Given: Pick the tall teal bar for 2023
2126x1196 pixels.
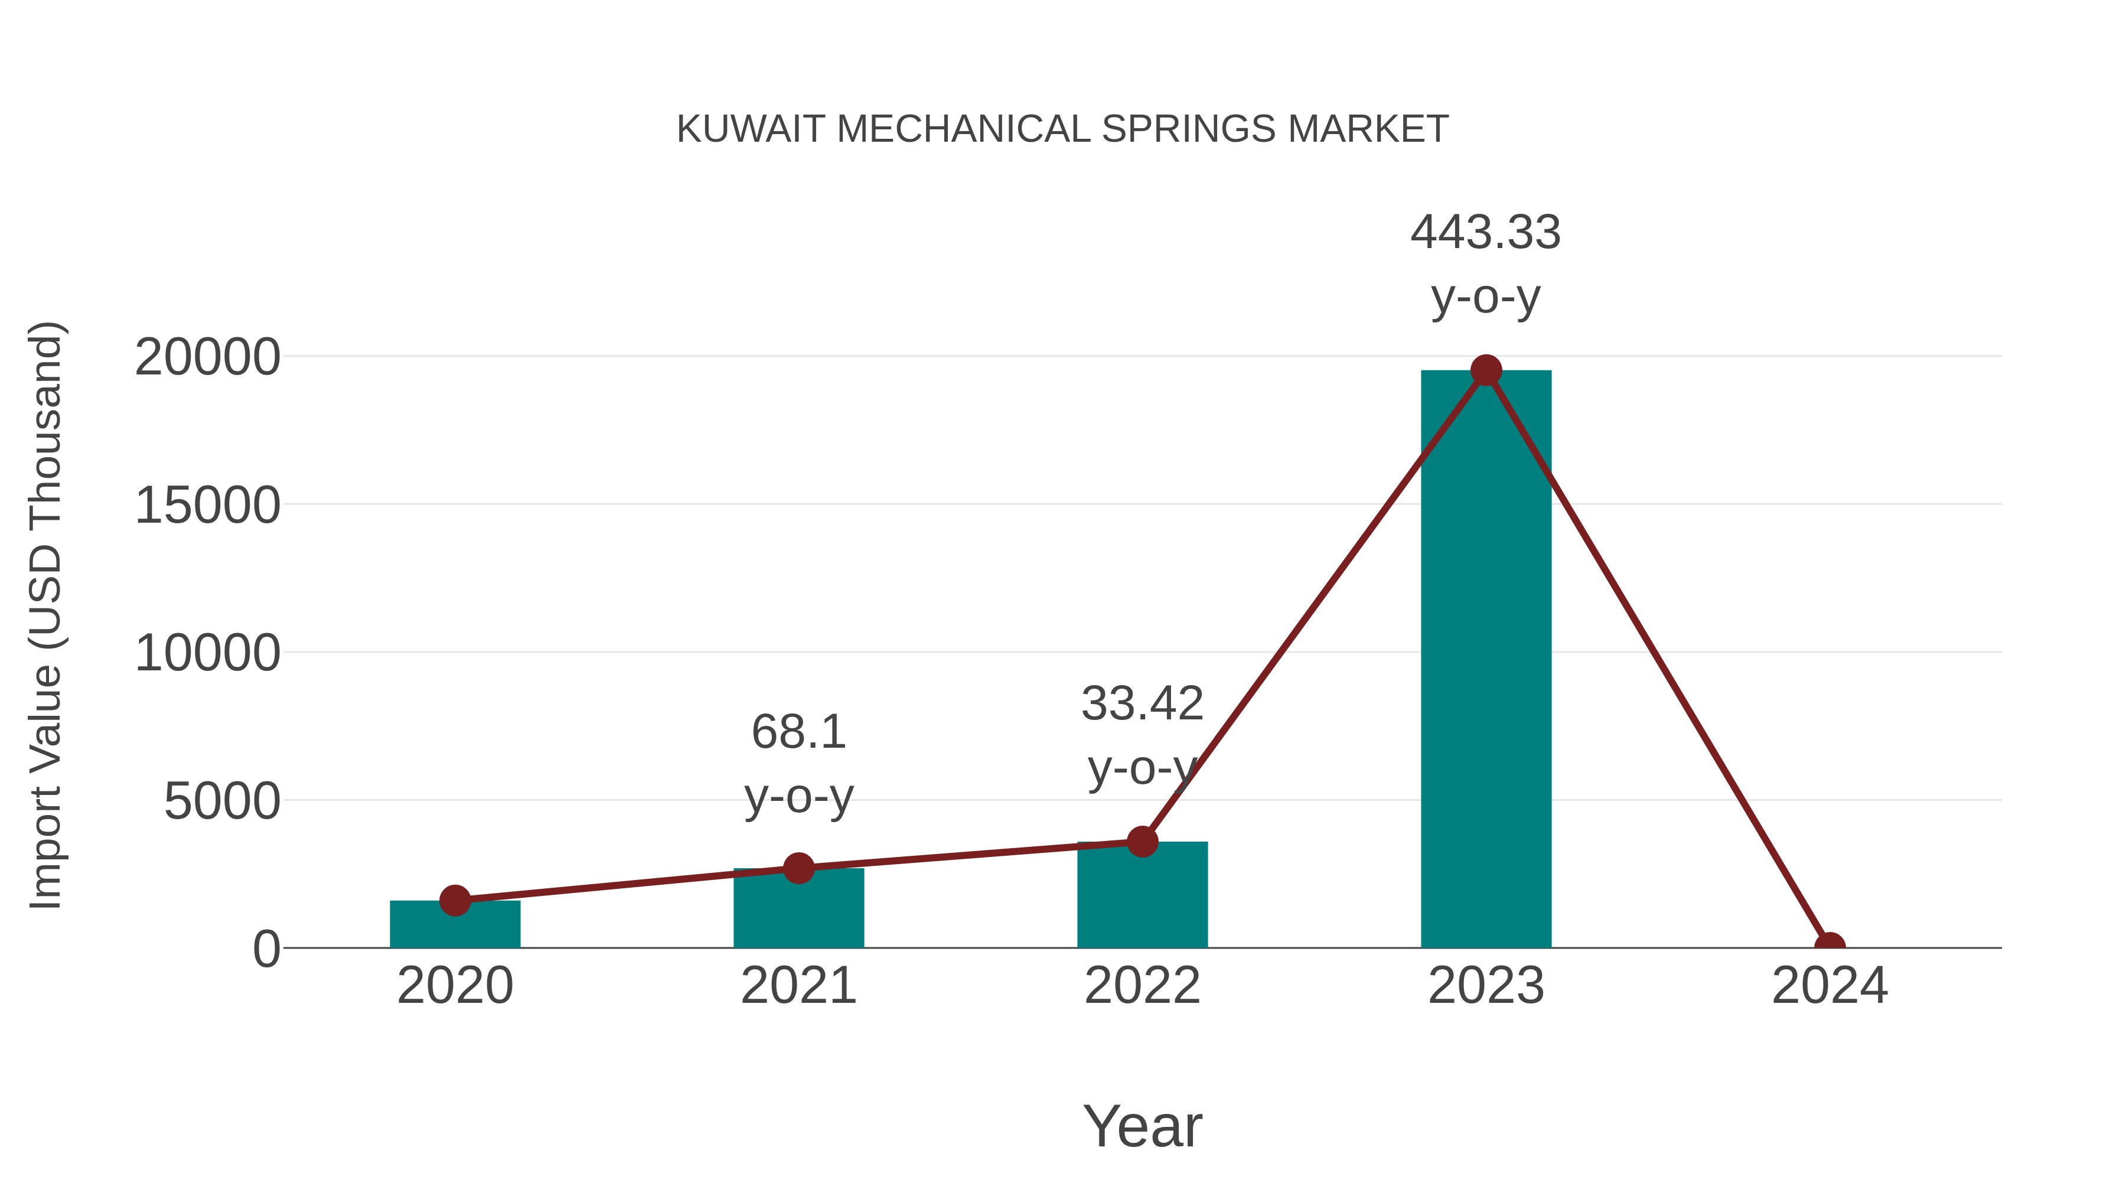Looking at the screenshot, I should [1486, 660].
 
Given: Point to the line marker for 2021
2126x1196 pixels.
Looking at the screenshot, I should [798, 868].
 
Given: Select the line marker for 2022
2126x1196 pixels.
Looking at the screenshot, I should [1142, 842].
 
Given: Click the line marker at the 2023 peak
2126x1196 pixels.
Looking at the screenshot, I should [1486, 370].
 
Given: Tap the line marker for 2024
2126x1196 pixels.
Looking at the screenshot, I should [1829, 946].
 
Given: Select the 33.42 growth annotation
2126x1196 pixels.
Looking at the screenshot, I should [1142, 735].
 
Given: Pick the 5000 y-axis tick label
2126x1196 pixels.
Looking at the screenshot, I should [222, 801].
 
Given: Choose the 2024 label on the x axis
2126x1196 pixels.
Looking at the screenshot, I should [1829, 986].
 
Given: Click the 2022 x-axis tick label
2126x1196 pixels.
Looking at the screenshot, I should [1142, 986].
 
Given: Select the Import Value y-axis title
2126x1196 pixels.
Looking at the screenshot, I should [45, 615].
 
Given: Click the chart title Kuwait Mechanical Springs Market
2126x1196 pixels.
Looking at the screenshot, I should [1062, 129].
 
